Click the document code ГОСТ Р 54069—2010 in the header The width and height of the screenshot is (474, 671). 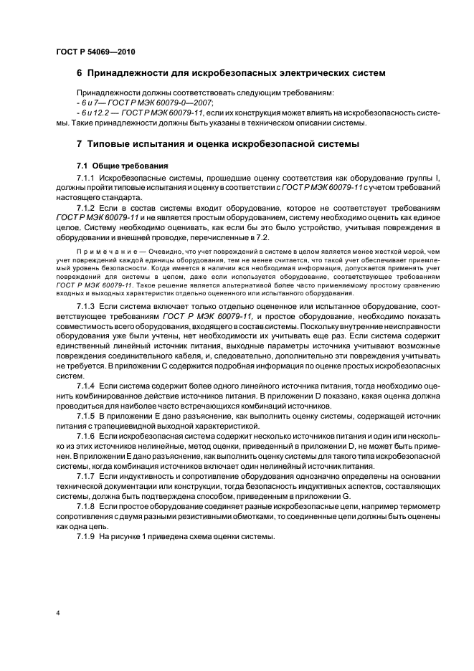(x=95, y=53)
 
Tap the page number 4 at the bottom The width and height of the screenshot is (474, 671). (x=57, y=612)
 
